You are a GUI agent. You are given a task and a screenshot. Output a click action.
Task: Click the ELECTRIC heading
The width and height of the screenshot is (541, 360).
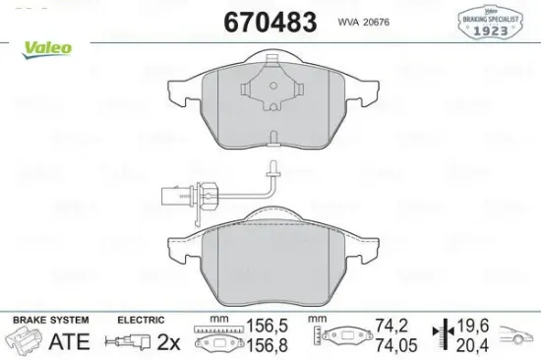142,320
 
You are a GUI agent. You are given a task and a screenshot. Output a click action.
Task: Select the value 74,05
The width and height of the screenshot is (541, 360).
393,345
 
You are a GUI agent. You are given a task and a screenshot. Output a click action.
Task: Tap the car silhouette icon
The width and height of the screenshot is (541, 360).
516,338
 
